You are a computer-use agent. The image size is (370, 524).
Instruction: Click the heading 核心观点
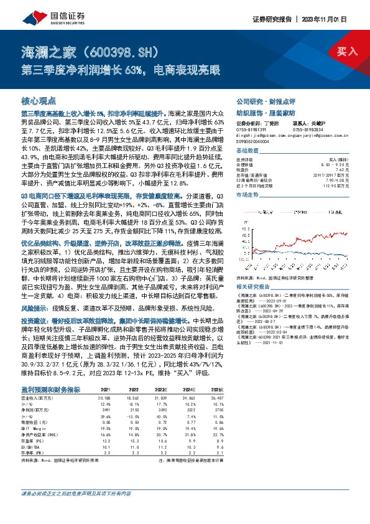tap(39, 100)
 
